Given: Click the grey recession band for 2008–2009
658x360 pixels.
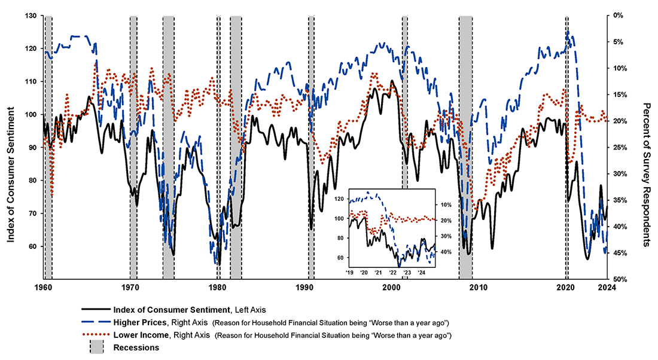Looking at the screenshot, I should coord(465,150).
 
